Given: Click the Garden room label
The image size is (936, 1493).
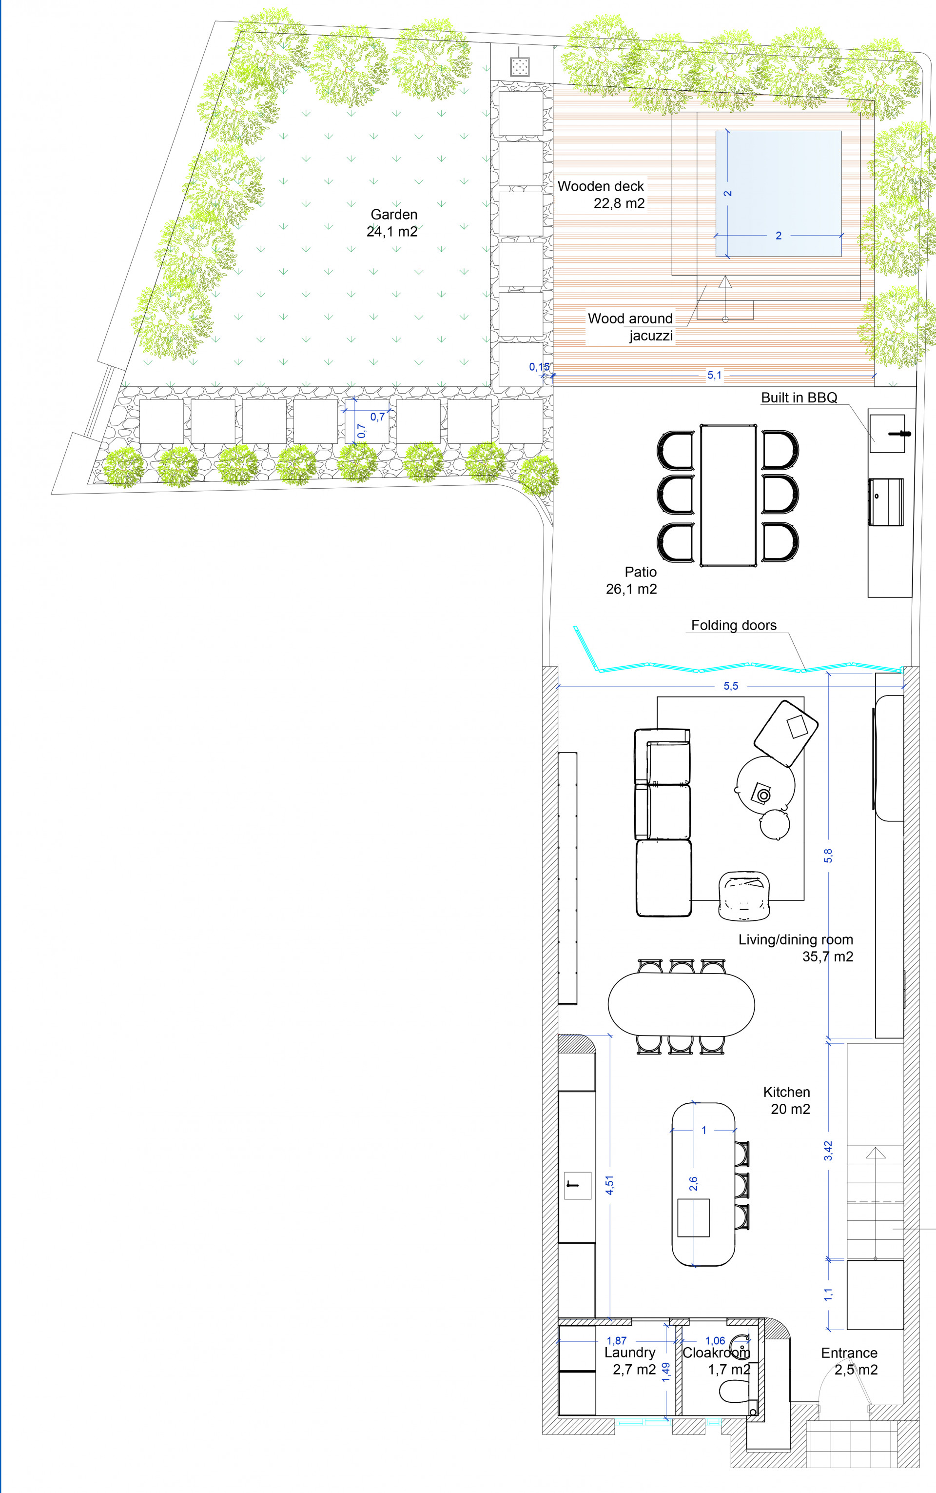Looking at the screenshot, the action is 392,223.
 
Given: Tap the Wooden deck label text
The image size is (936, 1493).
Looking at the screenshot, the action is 601,195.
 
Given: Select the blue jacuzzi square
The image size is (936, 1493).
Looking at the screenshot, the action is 778,193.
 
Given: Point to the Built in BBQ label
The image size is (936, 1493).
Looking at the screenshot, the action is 799,398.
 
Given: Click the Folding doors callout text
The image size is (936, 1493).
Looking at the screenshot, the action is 734,625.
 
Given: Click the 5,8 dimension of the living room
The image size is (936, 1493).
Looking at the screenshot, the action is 828,855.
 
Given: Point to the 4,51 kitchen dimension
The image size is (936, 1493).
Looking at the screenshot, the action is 610,1185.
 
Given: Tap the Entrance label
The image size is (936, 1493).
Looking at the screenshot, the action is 849,1361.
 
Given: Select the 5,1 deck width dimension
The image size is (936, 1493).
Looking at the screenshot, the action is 714,375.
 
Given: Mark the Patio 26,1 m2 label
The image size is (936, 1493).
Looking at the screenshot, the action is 631,581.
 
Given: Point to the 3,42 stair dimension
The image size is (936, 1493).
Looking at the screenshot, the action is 828,1151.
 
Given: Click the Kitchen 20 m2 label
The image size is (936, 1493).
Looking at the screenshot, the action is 787,1100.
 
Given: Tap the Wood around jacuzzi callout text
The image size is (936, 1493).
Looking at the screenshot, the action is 630,327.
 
